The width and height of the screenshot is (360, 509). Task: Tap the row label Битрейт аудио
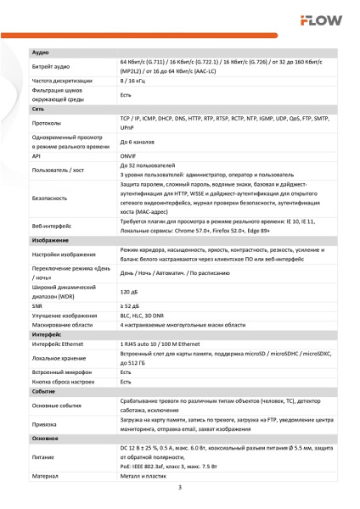click(51, 66)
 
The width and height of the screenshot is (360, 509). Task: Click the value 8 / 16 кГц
click(135, 81)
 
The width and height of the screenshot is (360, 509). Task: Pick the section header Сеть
click(39, 110)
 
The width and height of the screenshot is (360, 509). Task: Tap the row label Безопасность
click(51, 198)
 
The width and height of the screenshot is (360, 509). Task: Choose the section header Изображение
click(50, 240)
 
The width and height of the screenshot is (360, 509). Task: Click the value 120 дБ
click(130, 292)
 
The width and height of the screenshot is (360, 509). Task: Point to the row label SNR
click(38, 306)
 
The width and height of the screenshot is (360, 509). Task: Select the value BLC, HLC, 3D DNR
click(144, 315)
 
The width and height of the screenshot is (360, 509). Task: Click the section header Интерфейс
click(47, 333)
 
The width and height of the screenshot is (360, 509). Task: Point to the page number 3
click(180, 489)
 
